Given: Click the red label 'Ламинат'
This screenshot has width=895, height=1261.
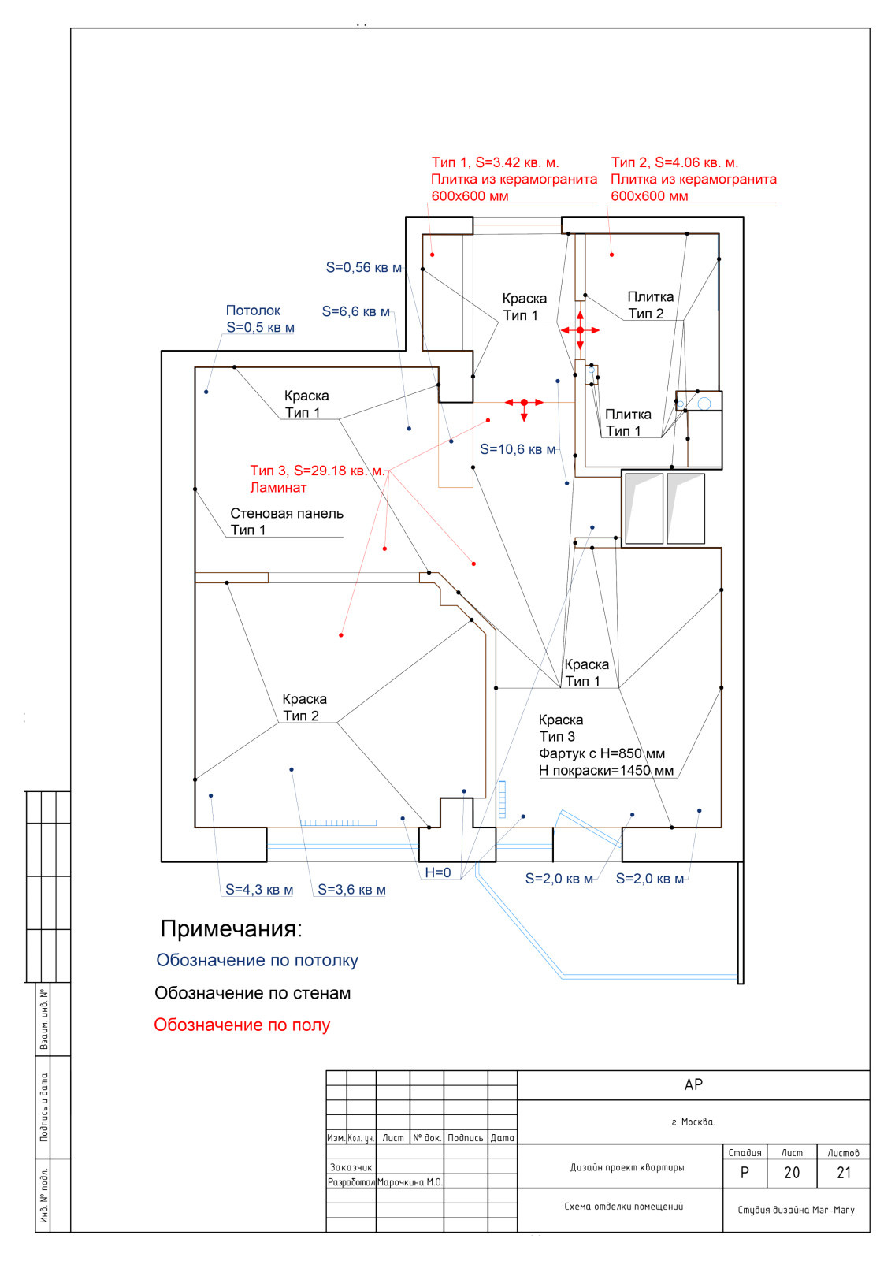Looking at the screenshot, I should (278, 488).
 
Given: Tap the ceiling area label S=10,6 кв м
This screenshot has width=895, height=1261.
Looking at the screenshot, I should (518, 450).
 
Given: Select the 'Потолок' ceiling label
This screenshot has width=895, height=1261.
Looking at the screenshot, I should (253, 311).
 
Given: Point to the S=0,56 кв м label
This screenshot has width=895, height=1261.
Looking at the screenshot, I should (363, 268).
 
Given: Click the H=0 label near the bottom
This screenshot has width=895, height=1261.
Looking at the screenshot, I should (438, 872).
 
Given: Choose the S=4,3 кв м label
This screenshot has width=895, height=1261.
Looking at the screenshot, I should (259, 890).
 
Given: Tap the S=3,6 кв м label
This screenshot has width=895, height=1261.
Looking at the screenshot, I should (351, 890).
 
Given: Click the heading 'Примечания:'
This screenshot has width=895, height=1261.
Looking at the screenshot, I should (231, 928).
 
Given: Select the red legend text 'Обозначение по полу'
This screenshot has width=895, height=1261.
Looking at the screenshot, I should (242, 1025).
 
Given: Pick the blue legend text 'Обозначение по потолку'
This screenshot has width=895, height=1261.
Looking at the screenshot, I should (257, 960).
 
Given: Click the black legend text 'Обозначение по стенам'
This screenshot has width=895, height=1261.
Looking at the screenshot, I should (252, 993).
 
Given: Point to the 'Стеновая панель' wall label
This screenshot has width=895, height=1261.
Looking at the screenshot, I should (287, 514).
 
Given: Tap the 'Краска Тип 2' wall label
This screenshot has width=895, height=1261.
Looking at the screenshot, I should (304, 708).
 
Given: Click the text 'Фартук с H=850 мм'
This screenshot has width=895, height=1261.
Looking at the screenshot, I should (602, 753).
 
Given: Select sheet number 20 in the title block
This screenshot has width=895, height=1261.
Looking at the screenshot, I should (792, 1173).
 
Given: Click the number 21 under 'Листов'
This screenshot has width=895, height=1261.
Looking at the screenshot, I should (844, 1173).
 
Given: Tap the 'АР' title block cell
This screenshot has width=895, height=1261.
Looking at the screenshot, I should (693, 1085).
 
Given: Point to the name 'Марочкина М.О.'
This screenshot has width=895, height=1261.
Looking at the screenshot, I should (410, 1182).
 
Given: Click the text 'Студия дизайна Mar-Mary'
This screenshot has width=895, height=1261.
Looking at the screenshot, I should (796, 1210).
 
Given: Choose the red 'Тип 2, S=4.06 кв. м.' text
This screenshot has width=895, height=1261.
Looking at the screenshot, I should (674, 163).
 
